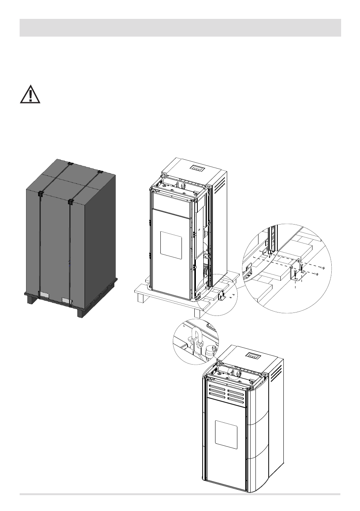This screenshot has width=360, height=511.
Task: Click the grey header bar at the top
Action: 180,28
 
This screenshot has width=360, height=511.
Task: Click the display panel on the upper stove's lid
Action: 197,168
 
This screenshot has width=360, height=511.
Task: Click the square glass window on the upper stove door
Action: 171,243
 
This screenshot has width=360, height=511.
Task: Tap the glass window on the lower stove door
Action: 226,432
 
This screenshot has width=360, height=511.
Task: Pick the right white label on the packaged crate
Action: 68,300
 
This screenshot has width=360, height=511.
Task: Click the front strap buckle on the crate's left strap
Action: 40,195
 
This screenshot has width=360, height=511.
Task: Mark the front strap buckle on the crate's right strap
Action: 70,202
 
